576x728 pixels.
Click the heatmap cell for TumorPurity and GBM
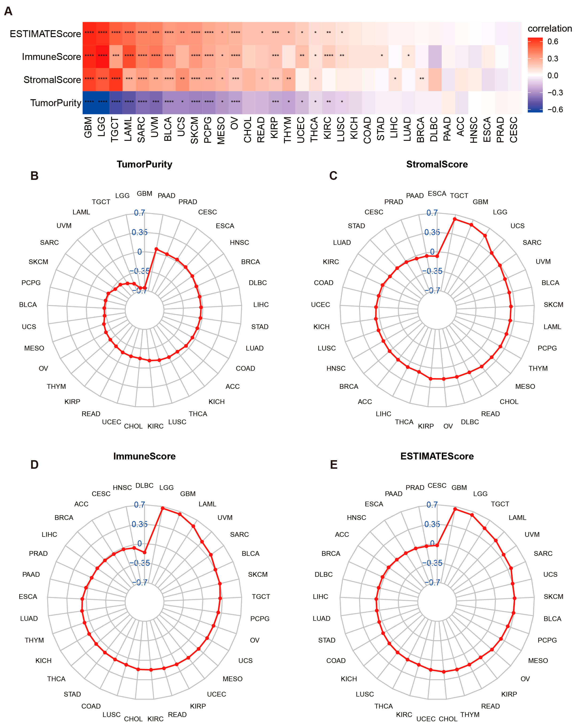click(89, 102)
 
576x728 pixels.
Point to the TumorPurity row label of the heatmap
click(56, 103)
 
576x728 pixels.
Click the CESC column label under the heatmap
click(514, 130)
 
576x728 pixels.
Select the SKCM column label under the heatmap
click(195, 130)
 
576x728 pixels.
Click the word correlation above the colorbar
click(549, 28)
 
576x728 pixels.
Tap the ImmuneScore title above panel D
click(144, 456)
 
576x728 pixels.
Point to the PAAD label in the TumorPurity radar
click(166, 195)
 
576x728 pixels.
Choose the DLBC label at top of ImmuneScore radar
click(144, 485)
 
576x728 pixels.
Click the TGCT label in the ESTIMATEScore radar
click(500, 504)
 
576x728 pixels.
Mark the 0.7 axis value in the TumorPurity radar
click(139, 213)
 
